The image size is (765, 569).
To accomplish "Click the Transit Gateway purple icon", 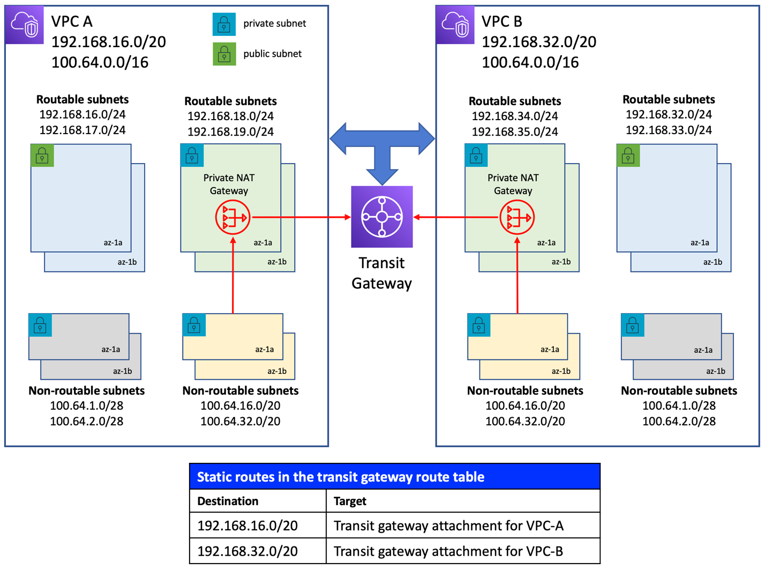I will (381, 217).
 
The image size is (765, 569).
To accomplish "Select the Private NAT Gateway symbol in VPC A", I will (232, 218).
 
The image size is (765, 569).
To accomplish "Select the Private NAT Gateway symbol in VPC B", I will (516, 218).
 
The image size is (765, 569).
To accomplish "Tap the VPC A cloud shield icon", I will (25, 25).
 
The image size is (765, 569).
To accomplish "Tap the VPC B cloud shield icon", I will (455, 25).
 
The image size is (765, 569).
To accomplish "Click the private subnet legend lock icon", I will (224, 24).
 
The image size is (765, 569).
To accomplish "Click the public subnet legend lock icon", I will (224, 54).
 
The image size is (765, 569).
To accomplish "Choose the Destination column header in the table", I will (228, 501).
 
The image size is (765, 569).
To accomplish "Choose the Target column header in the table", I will (350, 501).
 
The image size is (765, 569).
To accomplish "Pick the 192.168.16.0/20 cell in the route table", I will (247, 526).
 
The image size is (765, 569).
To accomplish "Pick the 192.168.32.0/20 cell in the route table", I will (247, 551).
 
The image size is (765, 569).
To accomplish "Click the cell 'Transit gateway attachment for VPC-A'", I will (448, 526).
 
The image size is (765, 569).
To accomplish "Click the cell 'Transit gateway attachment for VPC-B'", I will (448, 551).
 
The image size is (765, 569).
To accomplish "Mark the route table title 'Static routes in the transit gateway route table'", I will (341, 477).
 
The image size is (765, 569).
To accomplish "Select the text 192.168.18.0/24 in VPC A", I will (230, 116).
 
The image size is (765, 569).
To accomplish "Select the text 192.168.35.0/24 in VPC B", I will (514, 132).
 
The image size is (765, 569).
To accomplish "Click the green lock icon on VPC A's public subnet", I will (42, 156).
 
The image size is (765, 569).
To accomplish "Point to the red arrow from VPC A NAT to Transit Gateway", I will (300, 217).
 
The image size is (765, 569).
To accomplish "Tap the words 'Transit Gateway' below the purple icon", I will (381, 273).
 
